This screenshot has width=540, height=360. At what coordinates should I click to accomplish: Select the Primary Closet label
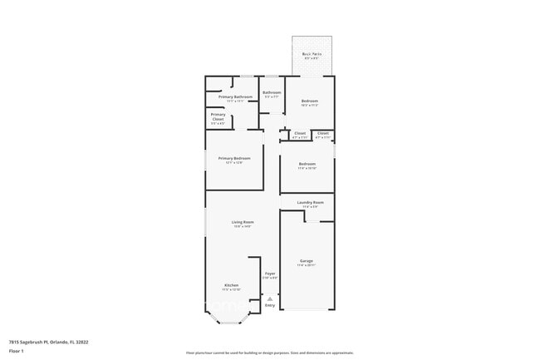coord(218,116)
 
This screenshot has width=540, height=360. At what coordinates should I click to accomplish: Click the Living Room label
coord(243,222)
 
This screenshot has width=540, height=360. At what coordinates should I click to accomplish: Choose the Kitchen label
coord(231,285)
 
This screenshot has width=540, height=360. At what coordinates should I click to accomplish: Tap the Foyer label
coord(270,274)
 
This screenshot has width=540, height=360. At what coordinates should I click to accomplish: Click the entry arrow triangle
coord(269,298)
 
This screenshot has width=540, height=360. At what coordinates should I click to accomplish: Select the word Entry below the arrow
coord(269,305)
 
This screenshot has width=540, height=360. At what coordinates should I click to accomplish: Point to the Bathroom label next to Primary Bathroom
coord(272,92)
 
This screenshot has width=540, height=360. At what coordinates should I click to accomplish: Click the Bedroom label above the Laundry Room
coord(307,164)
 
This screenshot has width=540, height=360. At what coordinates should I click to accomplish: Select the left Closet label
coord(300,133)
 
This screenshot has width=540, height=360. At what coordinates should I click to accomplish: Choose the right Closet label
coord(322,133)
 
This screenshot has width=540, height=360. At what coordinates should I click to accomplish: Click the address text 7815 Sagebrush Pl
coord(48,341)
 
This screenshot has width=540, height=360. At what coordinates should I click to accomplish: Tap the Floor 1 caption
coord(16,351)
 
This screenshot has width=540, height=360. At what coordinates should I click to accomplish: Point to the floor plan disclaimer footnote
coord(269,353)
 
